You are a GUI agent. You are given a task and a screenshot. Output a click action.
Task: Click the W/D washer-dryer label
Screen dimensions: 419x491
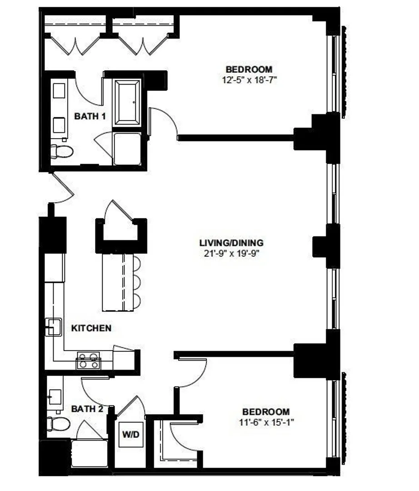click(131, 434)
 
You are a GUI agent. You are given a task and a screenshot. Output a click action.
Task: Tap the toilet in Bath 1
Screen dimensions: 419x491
click(62, 151)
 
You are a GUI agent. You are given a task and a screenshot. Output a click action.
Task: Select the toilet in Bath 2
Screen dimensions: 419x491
click(58, 424)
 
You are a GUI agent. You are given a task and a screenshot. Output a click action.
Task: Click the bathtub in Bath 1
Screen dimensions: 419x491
click(127, 102)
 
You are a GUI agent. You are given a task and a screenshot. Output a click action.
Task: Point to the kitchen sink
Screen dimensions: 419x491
click(53, 327)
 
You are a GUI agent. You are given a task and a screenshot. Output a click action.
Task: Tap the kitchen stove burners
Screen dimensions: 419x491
click(88, 360)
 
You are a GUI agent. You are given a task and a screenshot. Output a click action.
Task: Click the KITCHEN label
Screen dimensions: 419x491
click(91, 328)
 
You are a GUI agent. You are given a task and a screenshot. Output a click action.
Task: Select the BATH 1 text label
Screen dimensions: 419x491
click(90, 116)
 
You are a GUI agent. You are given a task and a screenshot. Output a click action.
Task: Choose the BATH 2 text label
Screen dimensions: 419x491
click(87, 409)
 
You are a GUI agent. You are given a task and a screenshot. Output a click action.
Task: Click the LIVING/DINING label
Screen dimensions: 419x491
click(231, 243)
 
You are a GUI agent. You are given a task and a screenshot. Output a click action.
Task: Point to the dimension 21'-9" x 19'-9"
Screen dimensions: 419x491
click(231, 253)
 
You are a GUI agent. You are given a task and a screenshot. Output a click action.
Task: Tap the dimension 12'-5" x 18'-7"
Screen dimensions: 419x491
click(249, 80)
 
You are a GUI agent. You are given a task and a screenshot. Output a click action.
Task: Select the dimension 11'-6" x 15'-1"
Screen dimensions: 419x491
click(266, 422)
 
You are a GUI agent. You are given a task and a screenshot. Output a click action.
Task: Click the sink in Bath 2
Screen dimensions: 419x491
click(55, 397)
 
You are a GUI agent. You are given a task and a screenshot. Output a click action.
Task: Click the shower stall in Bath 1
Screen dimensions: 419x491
click(127, 149)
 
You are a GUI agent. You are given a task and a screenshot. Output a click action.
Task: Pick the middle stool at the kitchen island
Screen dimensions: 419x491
click(137, 283)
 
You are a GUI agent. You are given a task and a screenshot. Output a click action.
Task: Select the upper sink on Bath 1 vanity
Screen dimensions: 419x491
click(59, 90)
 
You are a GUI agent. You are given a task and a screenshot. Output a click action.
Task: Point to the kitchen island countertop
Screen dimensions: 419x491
click(118, 282)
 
